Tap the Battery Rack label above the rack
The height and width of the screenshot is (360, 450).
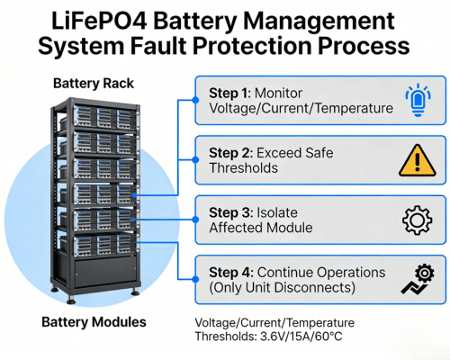coord(94,83)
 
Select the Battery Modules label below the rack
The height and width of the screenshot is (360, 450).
coord(94,321)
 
